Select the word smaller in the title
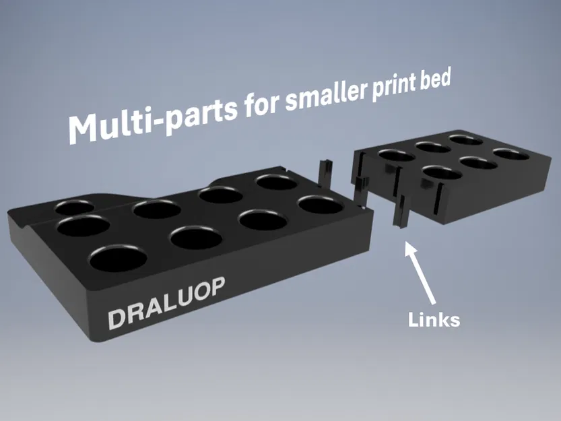(x=323, y=95)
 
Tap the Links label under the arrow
(x=434, y=319)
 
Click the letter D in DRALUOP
(x=117, y=317)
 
